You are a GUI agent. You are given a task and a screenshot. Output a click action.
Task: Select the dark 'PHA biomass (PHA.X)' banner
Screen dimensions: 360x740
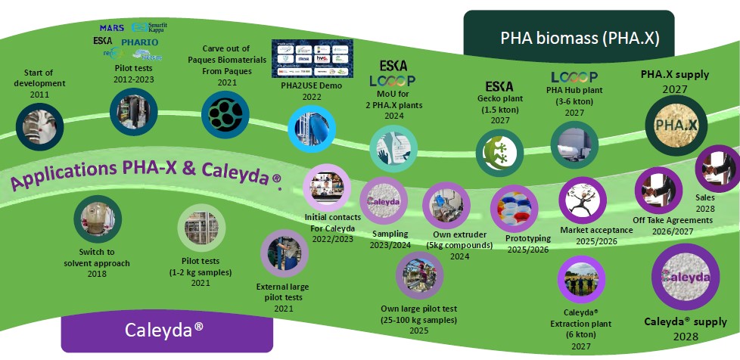click(568, 39)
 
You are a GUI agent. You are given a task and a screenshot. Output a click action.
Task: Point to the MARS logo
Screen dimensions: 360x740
click(111, 28)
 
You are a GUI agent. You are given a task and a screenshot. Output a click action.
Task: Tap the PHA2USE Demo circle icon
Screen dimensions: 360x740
click(311, 129)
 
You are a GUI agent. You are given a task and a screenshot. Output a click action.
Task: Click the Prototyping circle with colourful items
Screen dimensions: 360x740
click(514, 206)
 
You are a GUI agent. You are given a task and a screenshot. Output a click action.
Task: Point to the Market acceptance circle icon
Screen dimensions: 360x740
click(582, 200)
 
